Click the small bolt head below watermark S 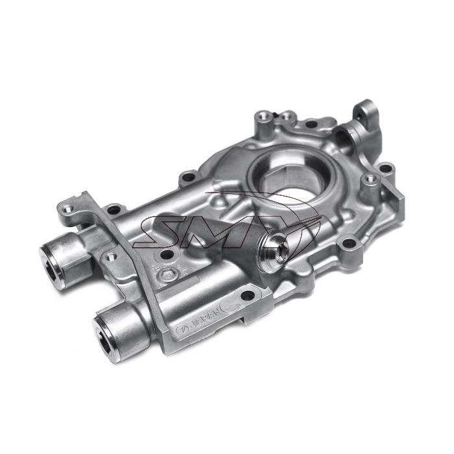(x=168, y=276)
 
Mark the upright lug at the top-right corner (x=364, y=110)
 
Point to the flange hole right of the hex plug (x=350, y=244)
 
